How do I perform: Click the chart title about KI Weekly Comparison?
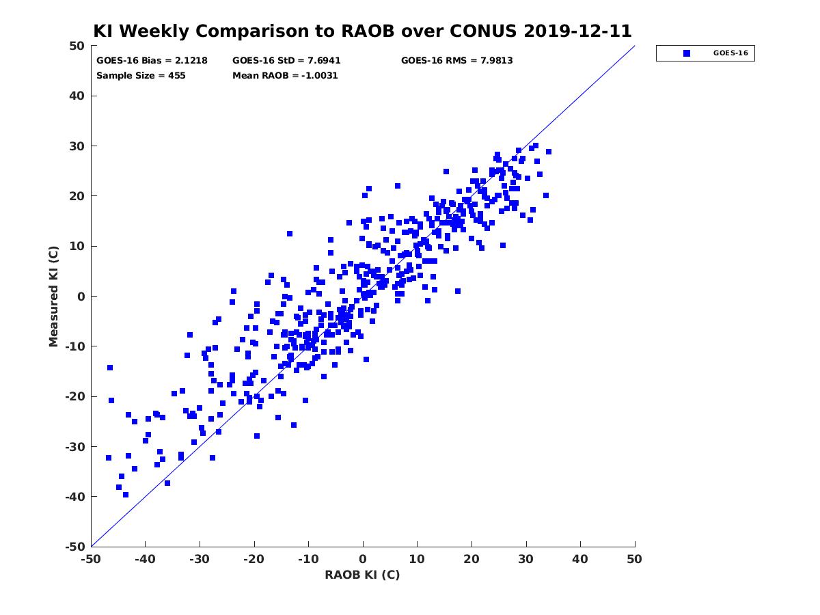(x=362, y=31)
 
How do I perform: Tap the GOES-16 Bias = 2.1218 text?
(x=152, y=61)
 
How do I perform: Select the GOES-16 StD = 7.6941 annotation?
(x=286, y=61)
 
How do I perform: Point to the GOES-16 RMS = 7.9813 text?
(x=456, y=61)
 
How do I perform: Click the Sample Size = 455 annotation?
(x=141, y=75)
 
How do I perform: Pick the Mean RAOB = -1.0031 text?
(x=285, y=75)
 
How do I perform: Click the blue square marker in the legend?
(x=686, y=53)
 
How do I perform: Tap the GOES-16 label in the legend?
(x=730, y=53)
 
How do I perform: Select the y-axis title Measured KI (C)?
(x=53, y=296)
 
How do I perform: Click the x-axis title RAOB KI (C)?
(x=362, y=574)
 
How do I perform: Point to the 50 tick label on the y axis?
(x=77, y=46)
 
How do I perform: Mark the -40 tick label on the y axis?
(x=75, y=497)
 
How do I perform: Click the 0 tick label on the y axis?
(x=81, y=297)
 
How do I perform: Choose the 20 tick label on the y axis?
(x=77, y=196)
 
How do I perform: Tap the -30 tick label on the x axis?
(x=200, y=559)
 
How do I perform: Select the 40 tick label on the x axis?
(x=580, y=559)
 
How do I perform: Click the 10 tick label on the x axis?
(x=417, y=559)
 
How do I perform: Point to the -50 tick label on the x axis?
(x=91, y=559)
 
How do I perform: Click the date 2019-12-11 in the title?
(x=577, y=31)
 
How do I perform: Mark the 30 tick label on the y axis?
(x=77, y=146)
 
